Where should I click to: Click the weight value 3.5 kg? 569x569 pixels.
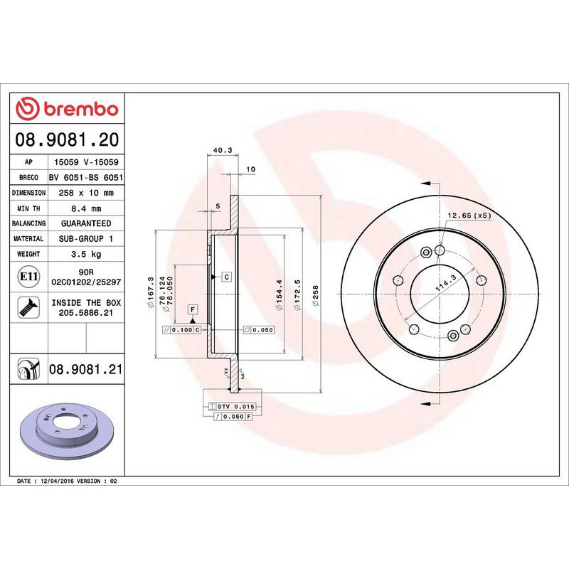click(x=86, y=254)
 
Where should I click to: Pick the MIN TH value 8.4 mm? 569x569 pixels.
click(x=86, y=208)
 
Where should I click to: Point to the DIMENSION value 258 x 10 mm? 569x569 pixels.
click(x=86, y=193)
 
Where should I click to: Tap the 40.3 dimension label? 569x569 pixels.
click(x=223, y=150)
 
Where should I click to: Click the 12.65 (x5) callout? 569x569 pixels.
click(x=469, y=215)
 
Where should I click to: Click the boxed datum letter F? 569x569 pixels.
click(x=192, y=309)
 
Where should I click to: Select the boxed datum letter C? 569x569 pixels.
click(x=226, y=276)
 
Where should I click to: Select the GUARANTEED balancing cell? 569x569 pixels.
click(x=86, y=223)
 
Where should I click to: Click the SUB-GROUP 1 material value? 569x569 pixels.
click(x=86, y=239)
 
